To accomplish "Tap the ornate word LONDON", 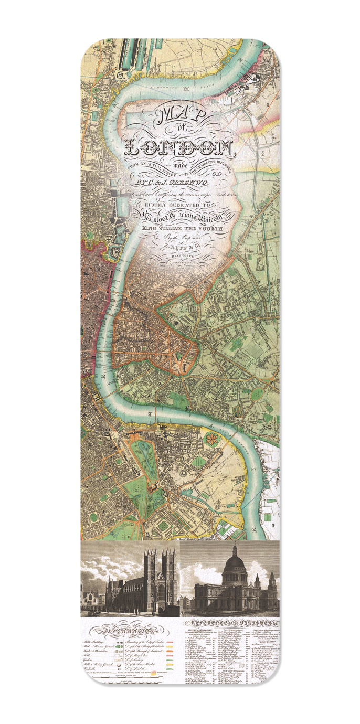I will click(x=180, y=146).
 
